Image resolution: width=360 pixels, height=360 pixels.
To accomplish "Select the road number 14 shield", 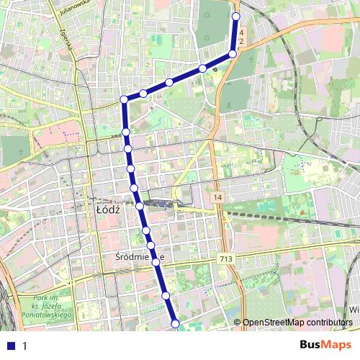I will pos(217,197).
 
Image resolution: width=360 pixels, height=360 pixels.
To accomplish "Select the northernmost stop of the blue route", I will pos(236,15).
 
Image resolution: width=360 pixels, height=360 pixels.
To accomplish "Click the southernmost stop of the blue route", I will pos(176,323).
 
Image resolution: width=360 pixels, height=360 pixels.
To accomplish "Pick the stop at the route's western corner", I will pos(125,99).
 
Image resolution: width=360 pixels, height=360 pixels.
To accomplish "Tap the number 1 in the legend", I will pos(24,346).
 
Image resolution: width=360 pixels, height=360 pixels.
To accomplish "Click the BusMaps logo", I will pos(325,345).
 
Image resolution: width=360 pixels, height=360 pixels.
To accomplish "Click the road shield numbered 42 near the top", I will pos(241,38).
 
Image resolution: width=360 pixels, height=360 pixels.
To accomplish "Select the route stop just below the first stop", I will pos(233,53).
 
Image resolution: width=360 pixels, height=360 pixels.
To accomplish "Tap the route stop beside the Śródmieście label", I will pos(156,262).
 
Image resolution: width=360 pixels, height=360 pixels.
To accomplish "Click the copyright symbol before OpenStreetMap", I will pos(238,322).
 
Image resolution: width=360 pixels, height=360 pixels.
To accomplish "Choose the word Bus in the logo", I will pos(311,345).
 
